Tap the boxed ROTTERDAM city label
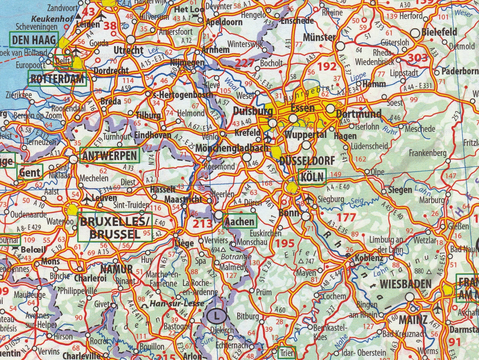(x=58, y=79)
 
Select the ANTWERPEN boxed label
(x=110, y=155)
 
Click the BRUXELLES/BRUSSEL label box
(x=115, y=227)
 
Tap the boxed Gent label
(x=30, y=172)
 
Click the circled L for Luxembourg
(x=216, y=316)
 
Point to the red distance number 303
(x=418, y=58)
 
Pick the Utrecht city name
(x=129, y=50)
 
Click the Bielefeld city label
(x=439, y=32)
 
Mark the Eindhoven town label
(x=152, y=135)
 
